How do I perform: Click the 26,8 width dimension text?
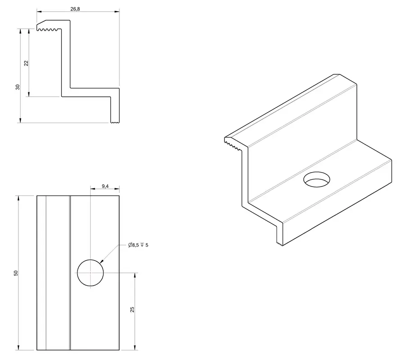click(x=75, y=9)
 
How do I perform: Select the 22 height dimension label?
click(x=26, y=63)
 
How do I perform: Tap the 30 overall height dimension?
click(x=18, y=87)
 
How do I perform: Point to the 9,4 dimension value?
click(x=105, y=186)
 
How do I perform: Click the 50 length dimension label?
click(x=16, y=273)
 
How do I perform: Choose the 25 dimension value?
click(x=132, y=310)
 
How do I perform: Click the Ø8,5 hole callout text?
click(x=138, y=245)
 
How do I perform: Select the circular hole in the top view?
click(x=91, y=260)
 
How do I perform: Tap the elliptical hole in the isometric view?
click(x=317, y=173)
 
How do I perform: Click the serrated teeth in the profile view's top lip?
click(x=47, y=30)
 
